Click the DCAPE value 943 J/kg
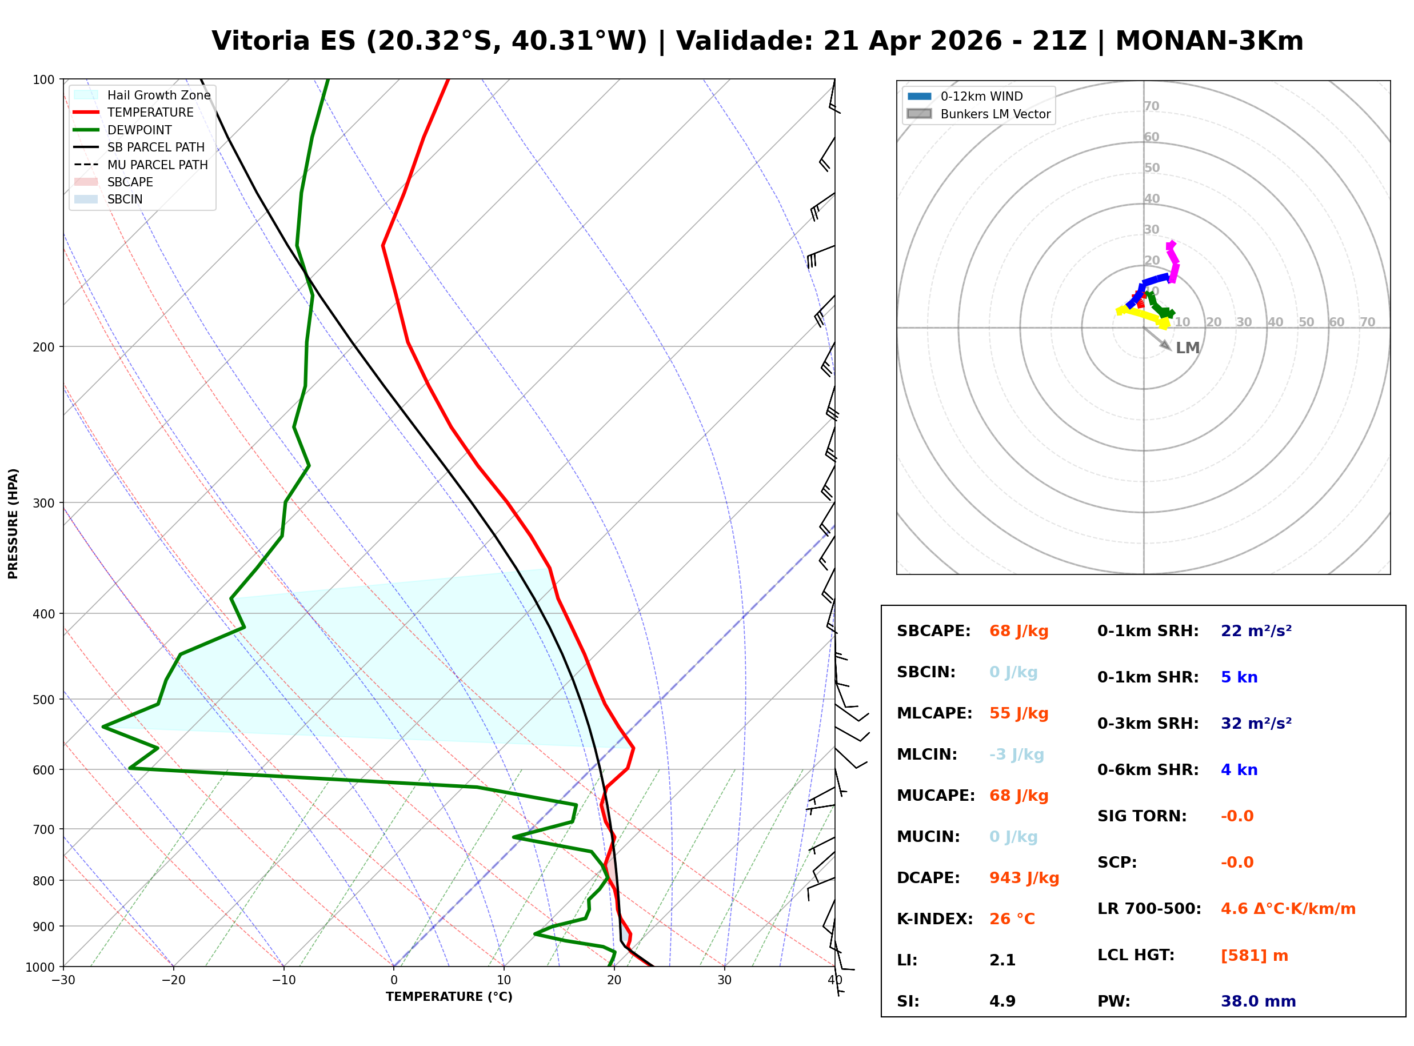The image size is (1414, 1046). pyautogui.click(x=1024, y=878)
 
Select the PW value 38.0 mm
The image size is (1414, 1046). pyautogui.click(x=1257, y=1001)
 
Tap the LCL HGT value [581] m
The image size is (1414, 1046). pyautogui.click(x=1254, y=956)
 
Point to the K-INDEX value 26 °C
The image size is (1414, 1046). pyautogui.click(x=1012, y=919)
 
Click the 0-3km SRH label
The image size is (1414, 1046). pyautogui.click(x=1148, y=724)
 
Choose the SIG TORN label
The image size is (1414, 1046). pyautogui.click(x=1142, y=816)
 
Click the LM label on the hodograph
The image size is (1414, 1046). pyautogui.click(x=1188, y=348)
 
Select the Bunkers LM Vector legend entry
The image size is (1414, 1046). pyautogui.click(x=995, y=114)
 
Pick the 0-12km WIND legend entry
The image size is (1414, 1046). pyautogui.click(x=981, y=96)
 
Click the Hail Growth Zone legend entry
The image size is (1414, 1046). pyautogui.click(x=158, y=95)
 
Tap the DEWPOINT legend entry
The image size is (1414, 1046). pyautogui.click(x=139, y=130)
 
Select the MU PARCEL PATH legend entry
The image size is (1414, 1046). pyautogui.click(x=157, y=165)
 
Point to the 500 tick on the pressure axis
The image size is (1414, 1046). pyautogui.click(x=43, y=700)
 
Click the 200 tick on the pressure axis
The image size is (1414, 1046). pyautogui.click(x=43, y=347)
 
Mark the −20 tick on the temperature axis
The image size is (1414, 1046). pyautogui.click(x=173, y=981)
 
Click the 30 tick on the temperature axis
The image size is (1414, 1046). pyautogui.click(x=724, y=981)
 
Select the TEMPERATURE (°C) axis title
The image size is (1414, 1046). pyautogui.click(x=449, y=997)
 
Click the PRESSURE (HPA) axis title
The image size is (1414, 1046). pyautogui.click(x=13, y=524)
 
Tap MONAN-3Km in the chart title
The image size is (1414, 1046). pyautogui.click(x=1209, y=41)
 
